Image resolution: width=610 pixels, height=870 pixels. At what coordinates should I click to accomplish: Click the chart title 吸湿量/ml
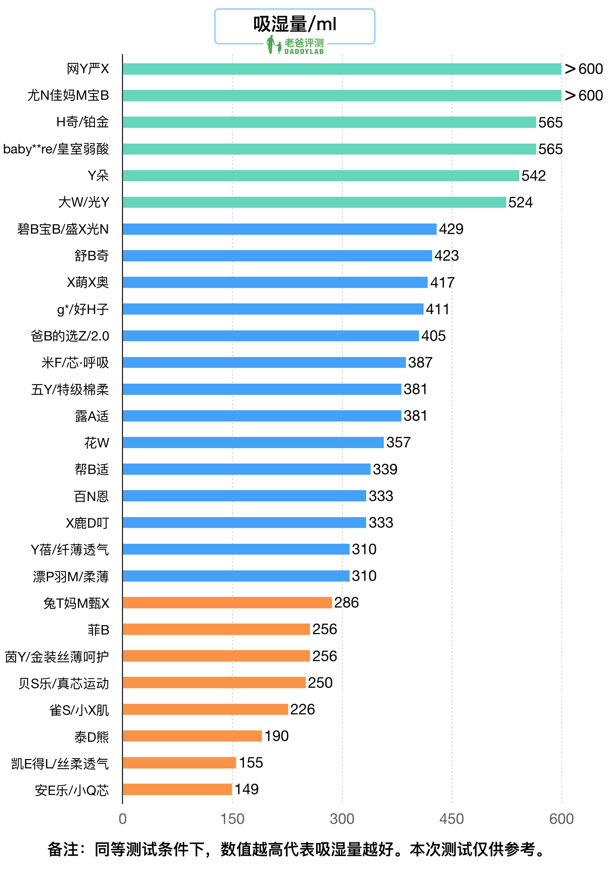(x=294, y=24)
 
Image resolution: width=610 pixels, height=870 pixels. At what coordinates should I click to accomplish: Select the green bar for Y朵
(x=321, y=176)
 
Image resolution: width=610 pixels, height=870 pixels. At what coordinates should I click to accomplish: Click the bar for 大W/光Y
(x=314, y=202)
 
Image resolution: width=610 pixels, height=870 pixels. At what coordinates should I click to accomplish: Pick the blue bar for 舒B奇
(x=277, y=256)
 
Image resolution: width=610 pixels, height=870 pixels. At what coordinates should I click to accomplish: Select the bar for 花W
(x=253, y=442)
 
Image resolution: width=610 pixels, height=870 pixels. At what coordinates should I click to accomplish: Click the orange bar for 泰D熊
(x=192, y=736)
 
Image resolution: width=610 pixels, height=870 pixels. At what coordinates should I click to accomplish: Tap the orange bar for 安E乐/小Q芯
(x=177, y=789)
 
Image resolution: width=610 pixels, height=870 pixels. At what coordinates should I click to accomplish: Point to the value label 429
(x=451, y=229)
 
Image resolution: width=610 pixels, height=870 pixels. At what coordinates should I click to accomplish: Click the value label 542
(x=533, y=176)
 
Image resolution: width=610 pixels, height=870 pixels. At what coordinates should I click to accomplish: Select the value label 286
(x=346, y=603)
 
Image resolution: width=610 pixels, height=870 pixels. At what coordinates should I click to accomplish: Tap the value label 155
(x=251, y=763)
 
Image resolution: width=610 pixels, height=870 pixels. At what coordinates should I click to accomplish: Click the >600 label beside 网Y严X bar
(x=583, y=69)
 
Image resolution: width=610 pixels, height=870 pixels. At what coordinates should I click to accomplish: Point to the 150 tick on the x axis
(x=232, y=819)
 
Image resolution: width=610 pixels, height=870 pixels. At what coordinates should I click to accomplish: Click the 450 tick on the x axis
(x=452, y=819)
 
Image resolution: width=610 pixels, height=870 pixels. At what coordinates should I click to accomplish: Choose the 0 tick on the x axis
(x=122, y=819)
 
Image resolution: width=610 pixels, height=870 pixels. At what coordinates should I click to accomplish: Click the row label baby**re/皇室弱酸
(x=56, y=149)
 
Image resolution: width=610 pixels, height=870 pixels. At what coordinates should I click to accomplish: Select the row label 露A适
(x=92, y=416)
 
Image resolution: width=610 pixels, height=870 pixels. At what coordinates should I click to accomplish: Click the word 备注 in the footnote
(x=63, y=849)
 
